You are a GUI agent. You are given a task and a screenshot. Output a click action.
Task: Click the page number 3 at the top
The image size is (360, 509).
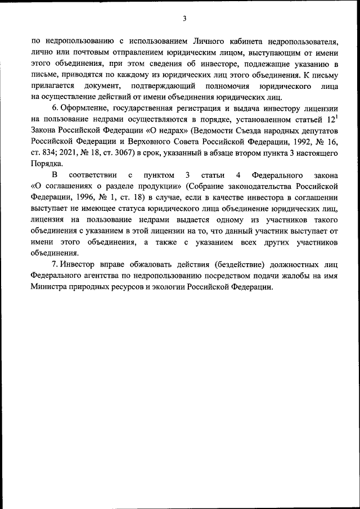184,19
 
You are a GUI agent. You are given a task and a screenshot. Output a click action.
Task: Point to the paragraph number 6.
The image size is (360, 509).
53,107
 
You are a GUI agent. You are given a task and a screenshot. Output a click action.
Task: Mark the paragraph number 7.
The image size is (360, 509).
53,264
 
